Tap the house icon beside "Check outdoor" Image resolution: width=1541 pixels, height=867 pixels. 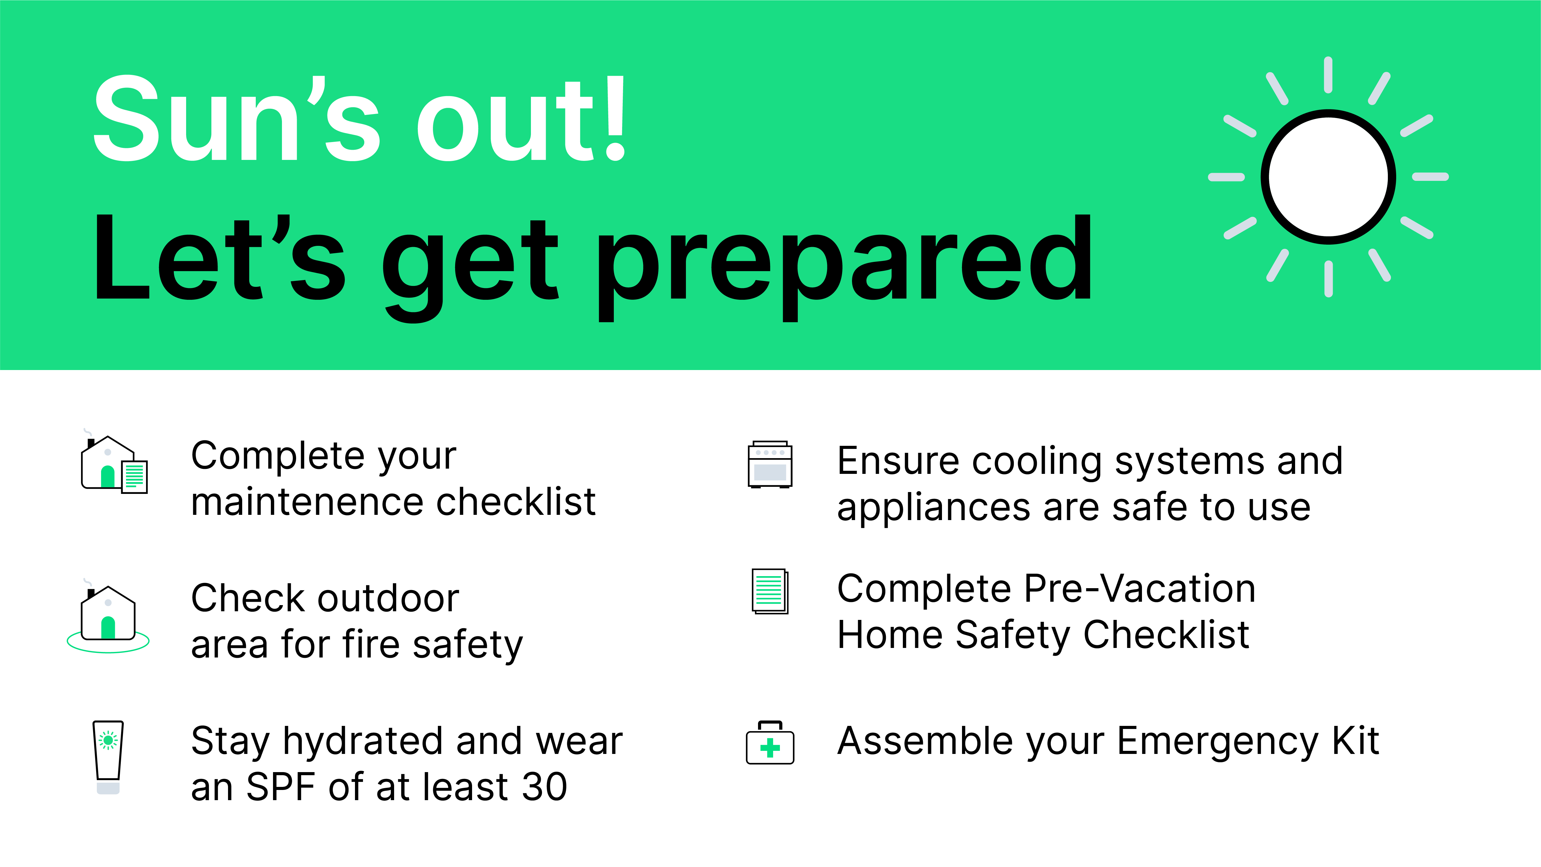click(108, 616)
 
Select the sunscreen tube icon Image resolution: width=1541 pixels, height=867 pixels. click(108, 757)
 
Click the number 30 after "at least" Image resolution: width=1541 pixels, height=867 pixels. click(544, 787)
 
